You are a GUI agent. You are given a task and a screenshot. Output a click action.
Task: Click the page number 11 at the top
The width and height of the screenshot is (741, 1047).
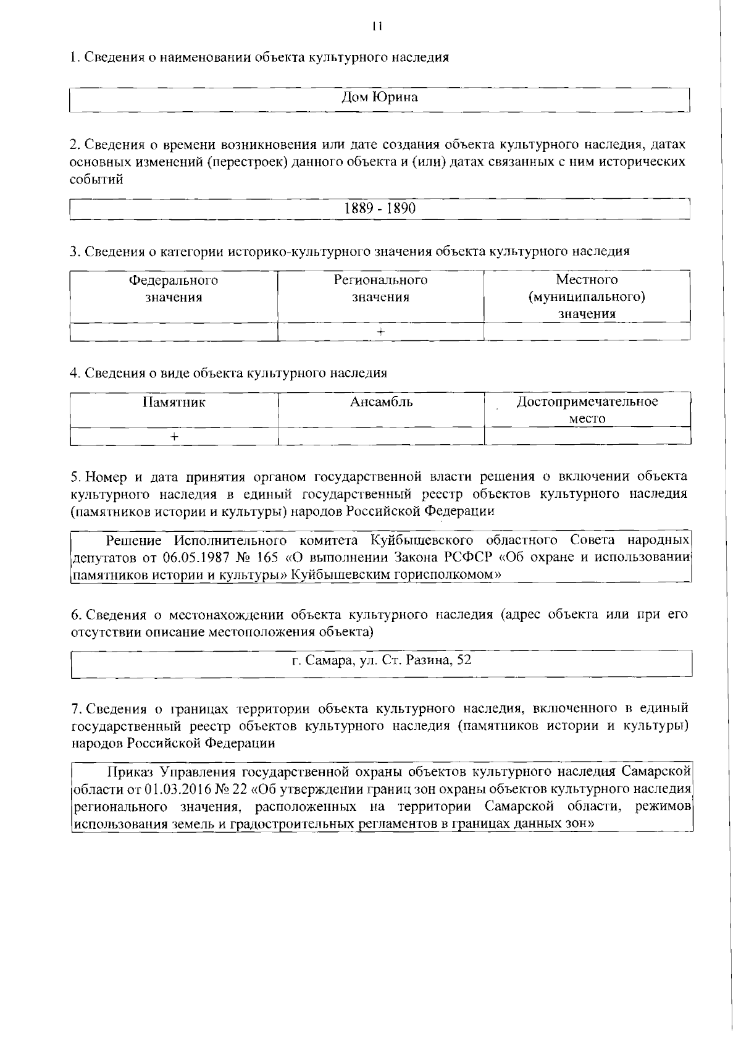tap(378, 27)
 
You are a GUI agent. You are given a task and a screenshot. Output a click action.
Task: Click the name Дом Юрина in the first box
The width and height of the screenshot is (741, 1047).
tap(380, 97)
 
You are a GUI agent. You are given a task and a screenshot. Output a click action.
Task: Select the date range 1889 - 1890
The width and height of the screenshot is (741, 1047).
tap(380, 208)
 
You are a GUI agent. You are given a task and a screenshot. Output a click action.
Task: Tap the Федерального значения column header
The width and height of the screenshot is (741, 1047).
tap(174, 289)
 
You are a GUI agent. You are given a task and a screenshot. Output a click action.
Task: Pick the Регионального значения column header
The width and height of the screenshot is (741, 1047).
tap(380, 289)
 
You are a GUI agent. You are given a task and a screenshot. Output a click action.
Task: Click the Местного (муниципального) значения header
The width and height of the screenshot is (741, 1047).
tap(587, 296)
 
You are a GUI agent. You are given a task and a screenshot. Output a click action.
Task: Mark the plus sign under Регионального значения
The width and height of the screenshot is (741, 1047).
tap(381, 331)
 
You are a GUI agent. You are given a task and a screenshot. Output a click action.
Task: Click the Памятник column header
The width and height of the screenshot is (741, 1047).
tap(174, 403)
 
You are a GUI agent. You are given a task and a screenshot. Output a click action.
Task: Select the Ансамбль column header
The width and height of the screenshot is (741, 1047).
tap(381, 403)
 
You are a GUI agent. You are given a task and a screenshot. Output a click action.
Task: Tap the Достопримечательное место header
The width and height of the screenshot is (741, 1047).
tap(587, 410)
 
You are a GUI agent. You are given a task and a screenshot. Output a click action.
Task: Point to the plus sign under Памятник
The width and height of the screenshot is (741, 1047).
tap(175, 436)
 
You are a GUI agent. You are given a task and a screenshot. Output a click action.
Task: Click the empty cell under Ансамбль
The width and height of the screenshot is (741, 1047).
tap(381, 436)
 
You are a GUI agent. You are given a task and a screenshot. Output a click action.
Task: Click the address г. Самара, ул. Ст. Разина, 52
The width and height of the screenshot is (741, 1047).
tap(381, 660)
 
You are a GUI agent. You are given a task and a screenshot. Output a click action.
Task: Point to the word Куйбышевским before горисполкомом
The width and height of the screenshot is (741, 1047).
tap(334, 574)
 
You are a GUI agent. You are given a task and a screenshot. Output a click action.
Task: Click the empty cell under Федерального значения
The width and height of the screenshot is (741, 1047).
tap(174, 331)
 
